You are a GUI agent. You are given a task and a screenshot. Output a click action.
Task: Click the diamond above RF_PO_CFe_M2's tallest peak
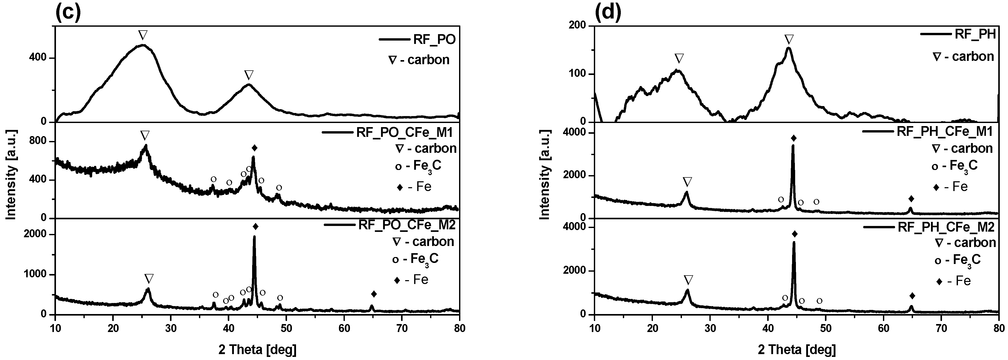(x=255, y=226)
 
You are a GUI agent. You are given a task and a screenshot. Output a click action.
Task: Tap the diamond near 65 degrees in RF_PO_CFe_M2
(x=374, y=294)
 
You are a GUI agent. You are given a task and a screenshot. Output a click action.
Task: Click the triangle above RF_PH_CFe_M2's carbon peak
(x=689, y=280)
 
